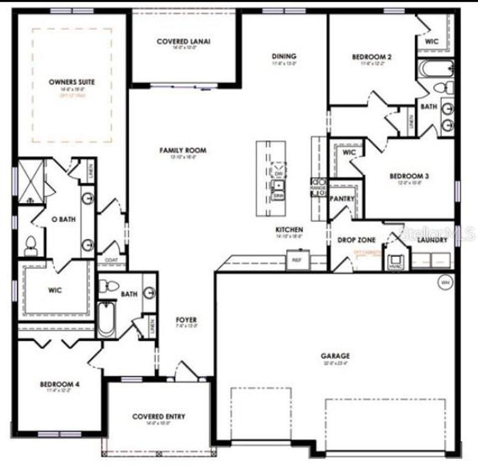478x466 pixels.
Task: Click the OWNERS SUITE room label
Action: pos(72,81)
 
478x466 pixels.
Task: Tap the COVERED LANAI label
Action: pos(183,41)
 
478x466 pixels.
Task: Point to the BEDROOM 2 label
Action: pos(372,58)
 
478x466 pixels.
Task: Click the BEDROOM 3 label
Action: pos(409,177)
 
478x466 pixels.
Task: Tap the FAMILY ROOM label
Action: pos(183,150)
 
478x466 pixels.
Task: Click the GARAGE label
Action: pos(335,356)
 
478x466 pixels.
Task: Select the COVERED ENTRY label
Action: pos(159,417)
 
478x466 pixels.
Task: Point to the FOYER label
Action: pos(186,320)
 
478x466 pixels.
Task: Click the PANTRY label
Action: pos(341,198)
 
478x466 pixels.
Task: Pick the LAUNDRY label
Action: pos(432,240)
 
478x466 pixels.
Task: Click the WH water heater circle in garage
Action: pos(445,282)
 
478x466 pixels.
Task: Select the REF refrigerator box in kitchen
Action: pos(297,260)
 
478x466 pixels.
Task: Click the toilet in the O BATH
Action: pos(31,245)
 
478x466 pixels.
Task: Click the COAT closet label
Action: pos(112,261)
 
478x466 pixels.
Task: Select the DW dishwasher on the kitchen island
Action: pos(279,174)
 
